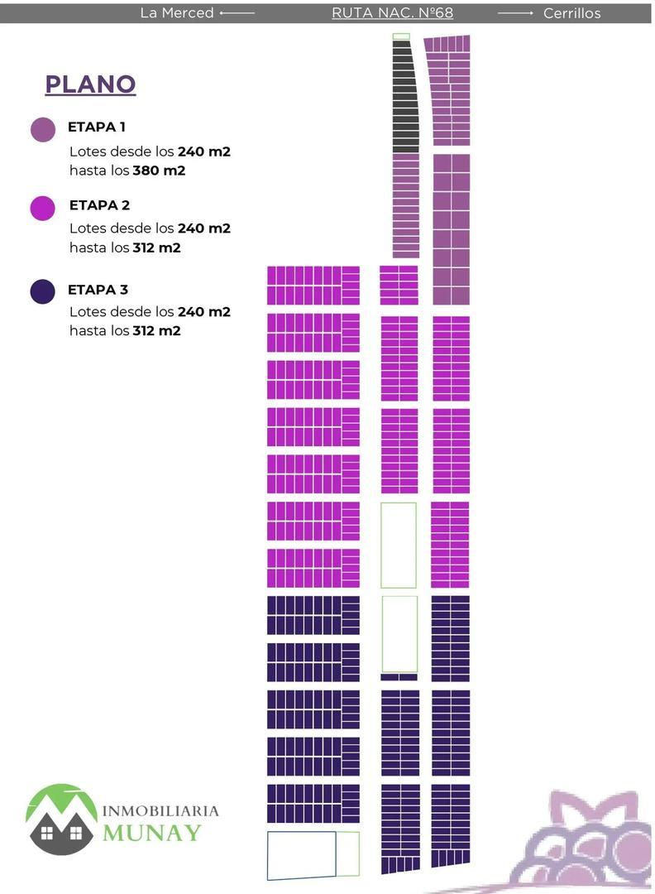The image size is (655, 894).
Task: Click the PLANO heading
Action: click(90, 84)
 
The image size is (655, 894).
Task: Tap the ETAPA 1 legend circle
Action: click(43, 129)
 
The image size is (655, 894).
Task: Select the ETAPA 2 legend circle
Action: click(43, 208)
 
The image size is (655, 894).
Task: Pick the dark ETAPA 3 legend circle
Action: click(43, 291)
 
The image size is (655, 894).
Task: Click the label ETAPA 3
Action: click(98, 290)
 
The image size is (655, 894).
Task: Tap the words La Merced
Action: click(176, 13)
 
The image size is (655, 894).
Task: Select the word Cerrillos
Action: click(572, 13)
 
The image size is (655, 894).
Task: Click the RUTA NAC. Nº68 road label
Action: click(392, 13)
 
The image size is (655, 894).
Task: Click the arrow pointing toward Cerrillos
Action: click(515, 13)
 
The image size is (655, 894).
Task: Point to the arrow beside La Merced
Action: click(237, 13)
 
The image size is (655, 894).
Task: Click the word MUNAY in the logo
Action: click(151, 832)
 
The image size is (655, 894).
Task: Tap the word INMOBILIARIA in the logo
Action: click(160, 810)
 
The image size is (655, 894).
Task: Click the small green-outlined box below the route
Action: click(401, 36)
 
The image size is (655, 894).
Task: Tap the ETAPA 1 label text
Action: click(97, 127)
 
